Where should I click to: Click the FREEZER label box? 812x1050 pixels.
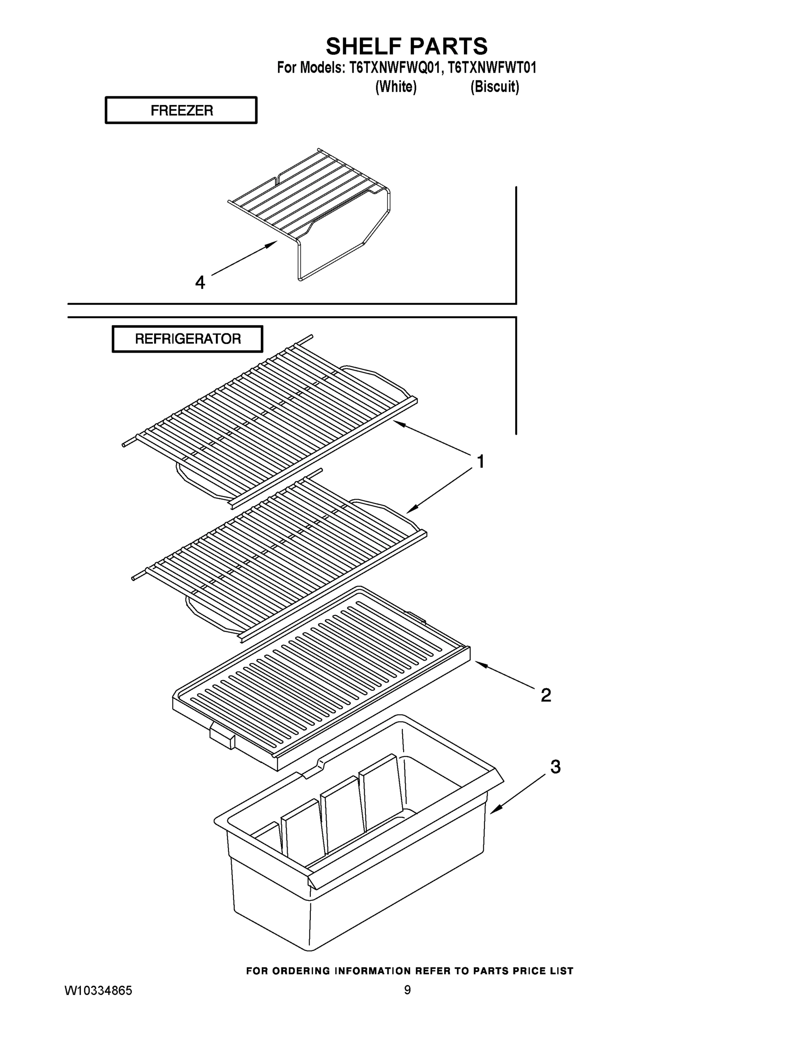tap(181, 110)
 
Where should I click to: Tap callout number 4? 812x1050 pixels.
tap(200, 282)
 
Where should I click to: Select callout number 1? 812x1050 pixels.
tap(480, 462)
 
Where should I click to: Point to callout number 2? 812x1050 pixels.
tap(545, 695)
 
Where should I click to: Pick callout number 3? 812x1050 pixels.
tap(555, 766)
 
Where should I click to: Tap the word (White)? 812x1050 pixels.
tap(395, 87)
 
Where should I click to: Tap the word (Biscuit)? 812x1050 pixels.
tap(495, 87)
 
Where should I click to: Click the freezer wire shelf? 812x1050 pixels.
tap(308, 197)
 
